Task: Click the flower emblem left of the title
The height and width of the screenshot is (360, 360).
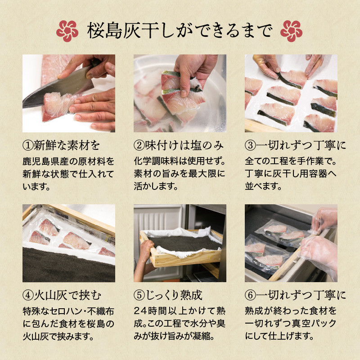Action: [67, 31]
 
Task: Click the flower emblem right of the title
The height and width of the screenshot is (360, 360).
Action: [291, 31]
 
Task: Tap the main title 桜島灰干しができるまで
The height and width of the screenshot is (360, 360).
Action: [180, 31]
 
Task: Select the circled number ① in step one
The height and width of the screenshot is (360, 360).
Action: [28, 145]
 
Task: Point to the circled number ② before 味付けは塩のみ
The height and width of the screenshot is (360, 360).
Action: [139, 145]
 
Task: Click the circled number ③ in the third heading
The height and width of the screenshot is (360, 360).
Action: [250, 145]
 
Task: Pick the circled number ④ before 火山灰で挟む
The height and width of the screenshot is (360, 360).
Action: [28, 295]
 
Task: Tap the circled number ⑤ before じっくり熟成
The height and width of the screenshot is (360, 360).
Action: [139, 295]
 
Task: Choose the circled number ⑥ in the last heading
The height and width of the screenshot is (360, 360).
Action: [250, 295]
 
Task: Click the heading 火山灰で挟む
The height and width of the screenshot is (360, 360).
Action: [67, 295]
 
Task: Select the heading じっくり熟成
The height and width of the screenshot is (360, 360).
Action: [174, 295]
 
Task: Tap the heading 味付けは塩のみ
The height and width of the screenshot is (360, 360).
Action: [184, 145]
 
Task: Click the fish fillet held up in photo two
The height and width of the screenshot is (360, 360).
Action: [181, 92]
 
